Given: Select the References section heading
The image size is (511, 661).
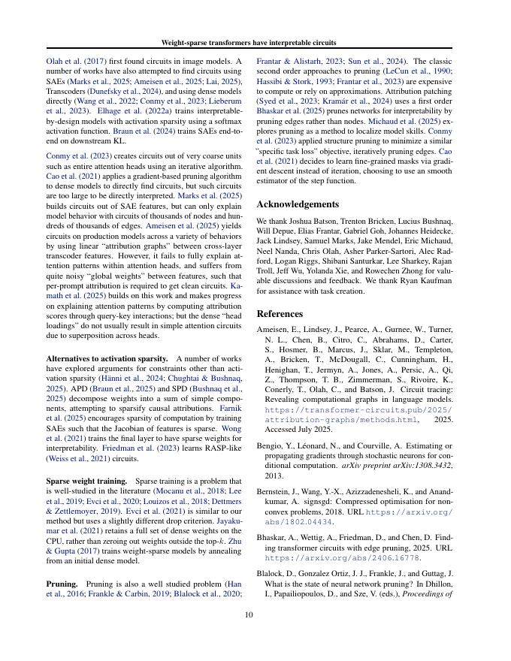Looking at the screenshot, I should point(280,313).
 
